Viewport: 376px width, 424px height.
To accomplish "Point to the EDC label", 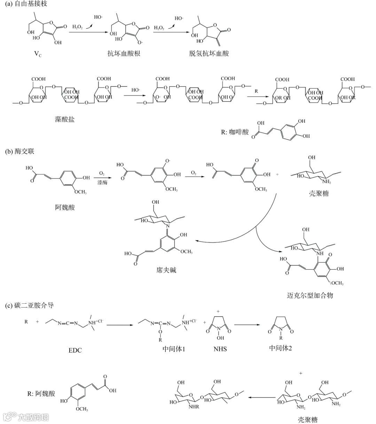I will (75, 350).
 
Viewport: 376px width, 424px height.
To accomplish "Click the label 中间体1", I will (173, 349).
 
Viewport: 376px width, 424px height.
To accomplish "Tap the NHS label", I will (220, 349).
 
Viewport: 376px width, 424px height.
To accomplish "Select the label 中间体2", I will (281, 348).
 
